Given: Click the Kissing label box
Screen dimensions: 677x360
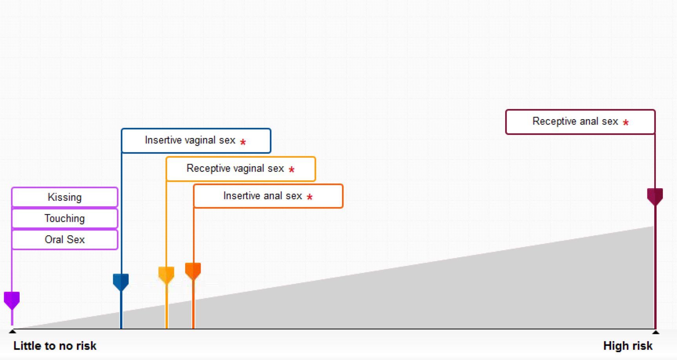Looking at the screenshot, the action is [65, 197].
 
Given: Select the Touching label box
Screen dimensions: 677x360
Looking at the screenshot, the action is [65, 218].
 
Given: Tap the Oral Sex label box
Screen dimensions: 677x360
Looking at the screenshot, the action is [65, 239].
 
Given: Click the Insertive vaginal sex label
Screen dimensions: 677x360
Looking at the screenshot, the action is [190, 140].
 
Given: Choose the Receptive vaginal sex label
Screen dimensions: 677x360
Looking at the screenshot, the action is [235, 169].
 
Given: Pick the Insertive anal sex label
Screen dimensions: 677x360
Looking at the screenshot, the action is [263, 196].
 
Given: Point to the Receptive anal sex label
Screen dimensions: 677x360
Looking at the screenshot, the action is [575, 122].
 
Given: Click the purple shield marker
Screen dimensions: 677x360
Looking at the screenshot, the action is [12, 300].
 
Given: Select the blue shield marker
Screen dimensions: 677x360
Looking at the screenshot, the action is [121, 282].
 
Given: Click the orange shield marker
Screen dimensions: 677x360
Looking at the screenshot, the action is [193, 271].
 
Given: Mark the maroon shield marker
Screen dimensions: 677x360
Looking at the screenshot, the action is [655, 196].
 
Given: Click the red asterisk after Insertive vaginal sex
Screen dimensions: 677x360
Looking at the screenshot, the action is [243, 142].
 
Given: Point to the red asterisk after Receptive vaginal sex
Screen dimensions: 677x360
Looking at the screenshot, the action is [291, 169].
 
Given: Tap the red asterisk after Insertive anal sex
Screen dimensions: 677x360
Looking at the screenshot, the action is [309, 197].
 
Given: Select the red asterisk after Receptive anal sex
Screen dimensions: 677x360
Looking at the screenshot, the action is [626, 123].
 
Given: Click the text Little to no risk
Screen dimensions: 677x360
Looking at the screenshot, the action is [55, 346].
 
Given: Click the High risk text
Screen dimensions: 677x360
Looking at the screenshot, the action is [628, 346].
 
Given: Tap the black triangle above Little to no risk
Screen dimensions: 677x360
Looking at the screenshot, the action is [13, 331].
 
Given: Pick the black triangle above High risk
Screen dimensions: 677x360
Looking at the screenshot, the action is [656, 332].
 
